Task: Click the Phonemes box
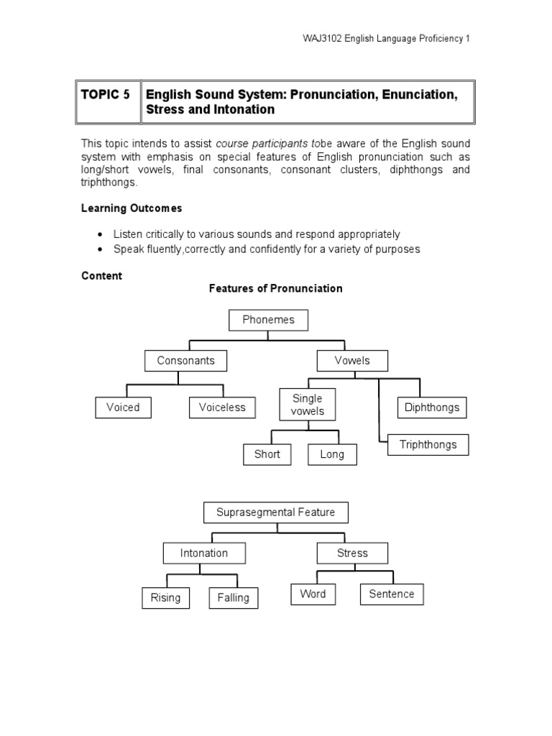click(x=269, y=320)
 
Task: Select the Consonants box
click(x=185, y=361)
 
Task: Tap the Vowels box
click(x=352, y=361)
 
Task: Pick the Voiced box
click(x=123, y=408)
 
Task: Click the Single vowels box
click(x=308, y=405)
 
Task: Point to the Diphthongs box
click(x=432, y=408)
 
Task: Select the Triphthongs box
click(x=428, y=445)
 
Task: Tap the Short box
click(x=267, y=454)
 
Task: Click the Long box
click(x=332, y=454)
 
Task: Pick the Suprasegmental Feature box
click(x=276, y=512)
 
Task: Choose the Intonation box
click(x=204, y=553)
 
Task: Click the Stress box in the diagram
click(x=352, y=553)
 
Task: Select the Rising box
click(x=165, y=598)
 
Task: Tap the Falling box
click(x=233, y=598)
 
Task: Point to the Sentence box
click(x=392, y=594)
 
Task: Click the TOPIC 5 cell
click(x=106, y=95)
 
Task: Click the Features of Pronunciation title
click(x=276, y=288)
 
